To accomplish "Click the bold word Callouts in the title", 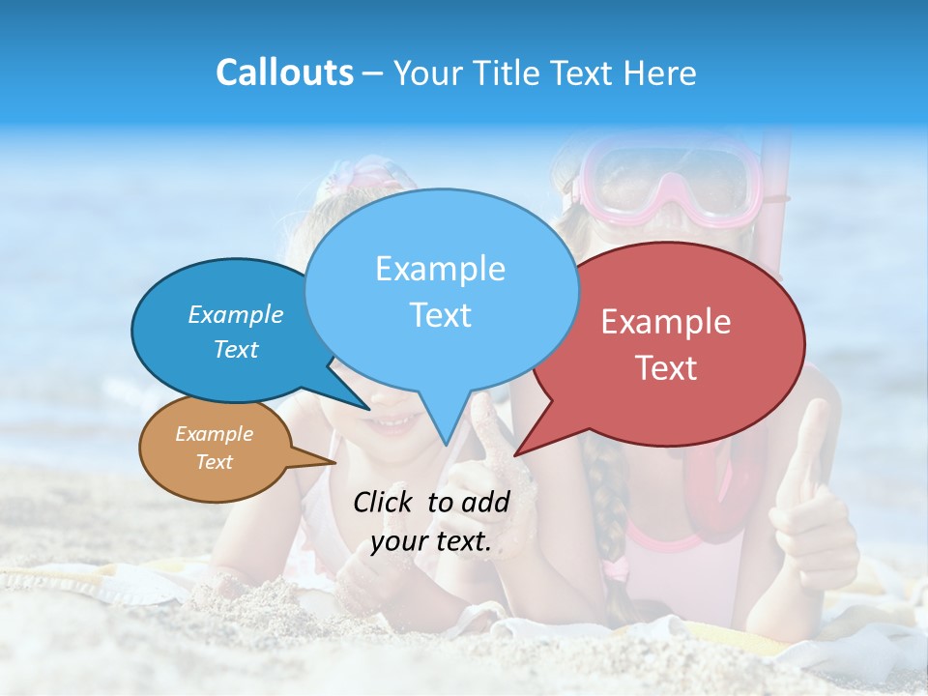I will [x=284, y=72].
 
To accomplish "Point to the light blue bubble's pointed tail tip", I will [x=446, y=444].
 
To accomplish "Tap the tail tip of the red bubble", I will [x=516, y=453].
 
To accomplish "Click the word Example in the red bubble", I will [x=666, y=322].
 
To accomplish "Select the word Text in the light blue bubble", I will [x=441, y=315].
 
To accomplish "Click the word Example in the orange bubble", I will [x=214, y=434].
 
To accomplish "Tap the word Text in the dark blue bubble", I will [x=236, y=350].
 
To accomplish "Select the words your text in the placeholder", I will [x=430, y=541].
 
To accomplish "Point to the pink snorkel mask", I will [x=667, y=179].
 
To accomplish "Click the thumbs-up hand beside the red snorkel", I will [x=812, y=503].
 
